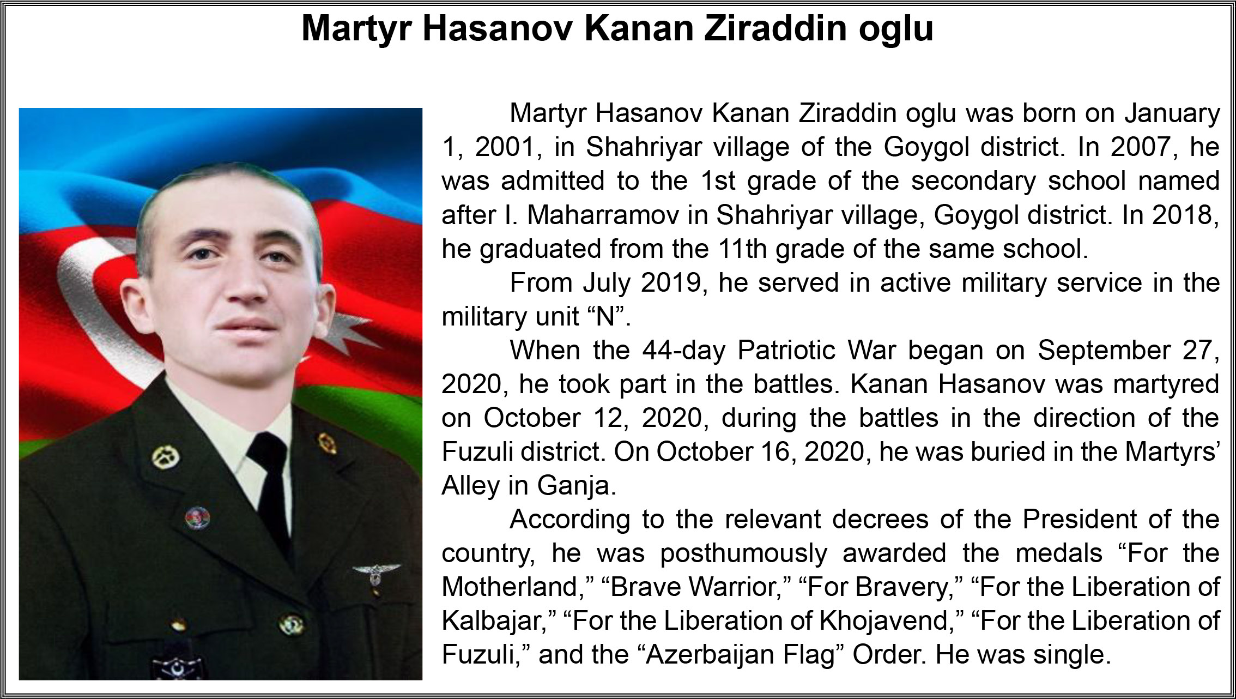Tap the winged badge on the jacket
tap(376, 573)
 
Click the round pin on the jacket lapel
tap(197, 517)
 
